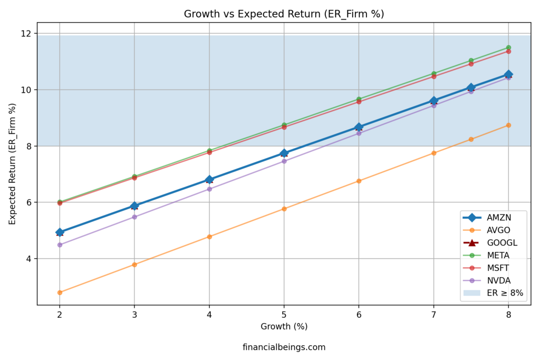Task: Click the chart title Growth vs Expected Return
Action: [284, 14]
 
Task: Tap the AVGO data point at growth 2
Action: [60, 292]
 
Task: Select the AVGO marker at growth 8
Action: [508, 125]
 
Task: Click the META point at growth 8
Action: [508, 47]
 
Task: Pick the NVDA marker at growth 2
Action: [60, 245]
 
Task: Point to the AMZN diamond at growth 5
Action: [284, 153]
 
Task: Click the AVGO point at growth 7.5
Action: [471, 139]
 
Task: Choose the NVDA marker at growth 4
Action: [209, 189]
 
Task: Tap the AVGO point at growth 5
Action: [284, 209]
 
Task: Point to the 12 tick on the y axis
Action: [26, 34]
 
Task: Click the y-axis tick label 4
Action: [28, 259]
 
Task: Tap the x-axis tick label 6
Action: [359, 315]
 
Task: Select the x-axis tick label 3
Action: [134, 315]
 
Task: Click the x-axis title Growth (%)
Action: [284, 326]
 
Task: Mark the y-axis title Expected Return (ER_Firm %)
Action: [12, 163]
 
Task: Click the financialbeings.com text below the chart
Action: [284, 347]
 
